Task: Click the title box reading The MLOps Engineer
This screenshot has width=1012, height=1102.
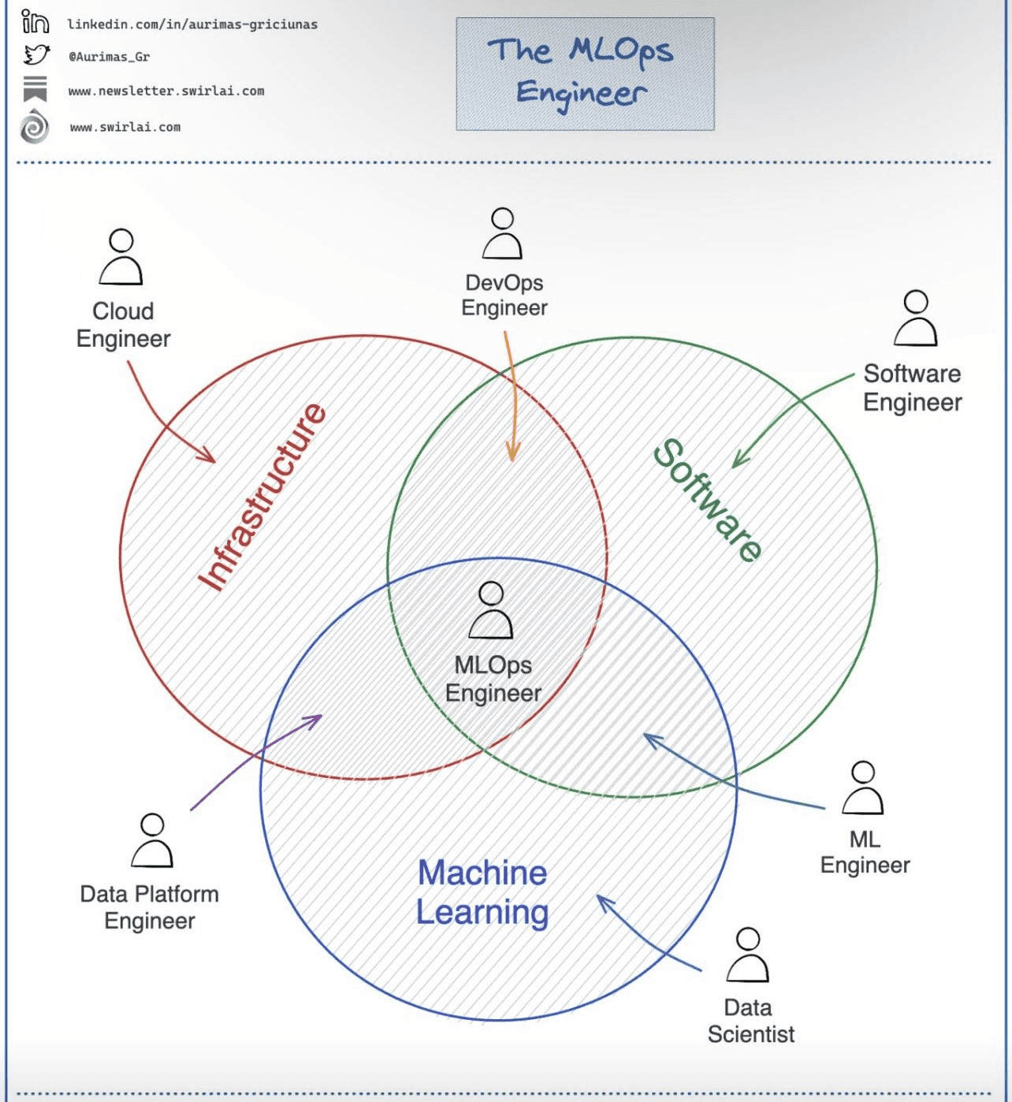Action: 585,73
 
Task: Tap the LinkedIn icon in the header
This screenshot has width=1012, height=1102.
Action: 35,22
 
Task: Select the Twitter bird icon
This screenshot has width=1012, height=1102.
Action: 35,55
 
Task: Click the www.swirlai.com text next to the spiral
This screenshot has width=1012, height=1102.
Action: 125,127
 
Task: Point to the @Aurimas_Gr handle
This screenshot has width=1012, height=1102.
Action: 109,57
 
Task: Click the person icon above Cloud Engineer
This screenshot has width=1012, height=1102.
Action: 121,257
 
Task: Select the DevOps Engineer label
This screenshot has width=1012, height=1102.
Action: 504,295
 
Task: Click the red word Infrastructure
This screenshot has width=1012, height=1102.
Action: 262,497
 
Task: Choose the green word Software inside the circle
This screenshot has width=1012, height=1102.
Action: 708,500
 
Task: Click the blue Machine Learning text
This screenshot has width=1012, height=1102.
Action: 482,892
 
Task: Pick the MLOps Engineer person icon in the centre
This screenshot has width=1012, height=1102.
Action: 491,610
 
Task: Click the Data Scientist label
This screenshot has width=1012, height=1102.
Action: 750,1021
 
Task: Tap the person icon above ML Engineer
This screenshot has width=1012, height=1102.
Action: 863,787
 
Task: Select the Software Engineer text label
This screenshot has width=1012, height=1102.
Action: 913,388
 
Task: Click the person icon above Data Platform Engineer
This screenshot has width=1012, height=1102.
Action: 151,841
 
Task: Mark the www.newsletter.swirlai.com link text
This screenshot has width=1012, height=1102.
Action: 166,91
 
